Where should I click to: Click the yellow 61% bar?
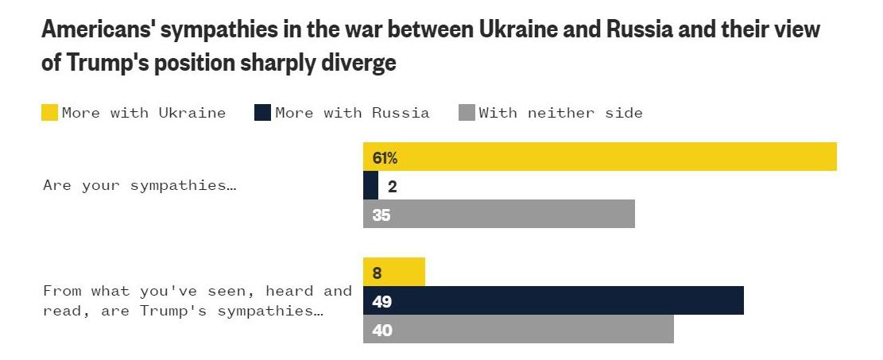600,157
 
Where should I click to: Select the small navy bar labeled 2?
370,185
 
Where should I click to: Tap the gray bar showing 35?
499,214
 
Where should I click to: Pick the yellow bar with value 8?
394,272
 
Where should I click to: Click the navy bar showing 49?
553,300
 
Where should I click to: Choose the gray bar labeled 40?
518,329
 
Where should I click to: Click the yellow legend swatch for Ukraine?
50,113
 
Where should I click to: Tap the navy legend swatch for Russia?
263,113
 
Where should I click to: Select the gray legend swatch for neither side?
467,113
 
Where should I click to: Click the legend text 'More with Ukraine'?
144,113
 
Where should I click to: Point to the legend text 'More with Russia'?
352,113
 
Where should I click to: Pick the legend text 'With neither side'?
560,113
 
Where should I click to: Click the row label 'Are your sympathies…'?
141,185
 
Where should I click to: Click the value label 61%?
385,157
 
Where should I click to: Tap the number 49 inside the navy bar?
382,301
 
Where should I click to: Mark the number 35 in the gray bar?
381,215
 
